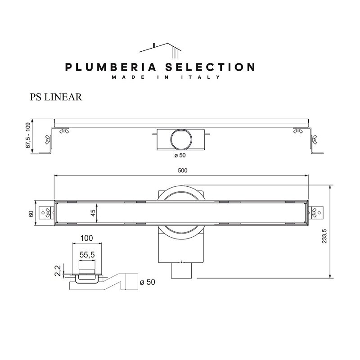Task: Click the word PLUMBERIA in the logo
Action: pyautogui.click(x=111, y=67)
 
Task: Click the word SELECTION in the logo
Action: pyautogui.click(x=210, y=67)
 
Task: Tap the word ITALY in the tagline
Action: pyautogui.click(x=200, y=77)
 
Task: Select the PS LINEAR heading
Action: pyautogui.click(x=56, y=97)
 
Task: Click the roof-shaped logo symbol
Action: pyautogui.click(x=160, y=50)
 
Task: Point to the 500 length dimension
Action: pyautogui.click(x=183, y=171)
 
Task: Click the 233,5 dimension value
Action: pyautogui.click(x=324, y=236)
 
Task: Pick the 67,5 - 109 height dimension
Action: pyautogui.click(x=28, y=135)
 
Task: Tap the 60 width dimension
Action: pyautogui.click(x=31, y=214)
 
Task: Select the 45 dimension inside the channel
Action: pyautogui.click(x=93, y=213)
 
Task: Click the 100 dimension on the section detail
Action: pyautogui.click(x=86, y=238)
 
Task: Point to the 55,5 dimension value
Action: pyautogui.click(x=87, y=255)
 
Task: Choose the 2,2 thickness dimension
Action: pyautogui.click(x=58, y=270)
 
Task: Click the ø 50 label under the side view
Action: pyautogui.click(x=180, y=155)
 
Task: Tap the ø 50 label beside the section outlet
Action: pyautogui.click(x=148, y=282)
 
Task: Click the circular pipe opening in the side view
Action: pyautogui.click(x=181, y=139)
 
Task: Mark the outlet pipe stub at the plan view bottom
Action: pyautogui.click(x=181, y=270)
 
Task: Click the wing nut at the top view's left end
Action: pyautogui.click(x=48, y=213)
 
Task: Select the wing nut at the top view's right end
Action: pyautogui.click(x=314, y=213)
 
